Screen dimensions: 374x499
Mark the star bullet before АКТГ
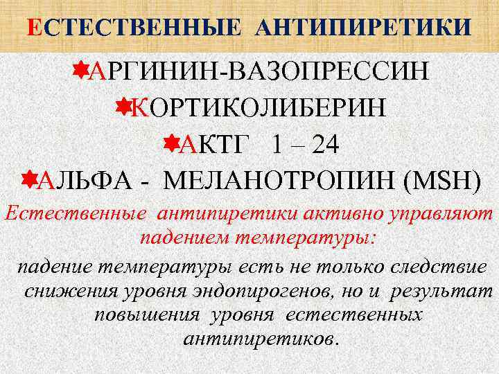169,143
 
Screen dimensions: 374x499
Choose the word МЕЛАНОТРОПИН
285,181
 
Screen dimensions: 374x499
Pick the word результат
439,291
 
